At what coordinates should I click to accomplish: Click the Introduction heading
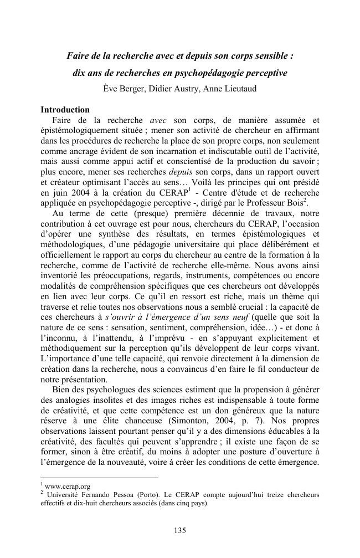(x=65, y=110)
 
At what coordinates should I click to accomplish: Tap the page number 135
(x=180, y=530)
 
